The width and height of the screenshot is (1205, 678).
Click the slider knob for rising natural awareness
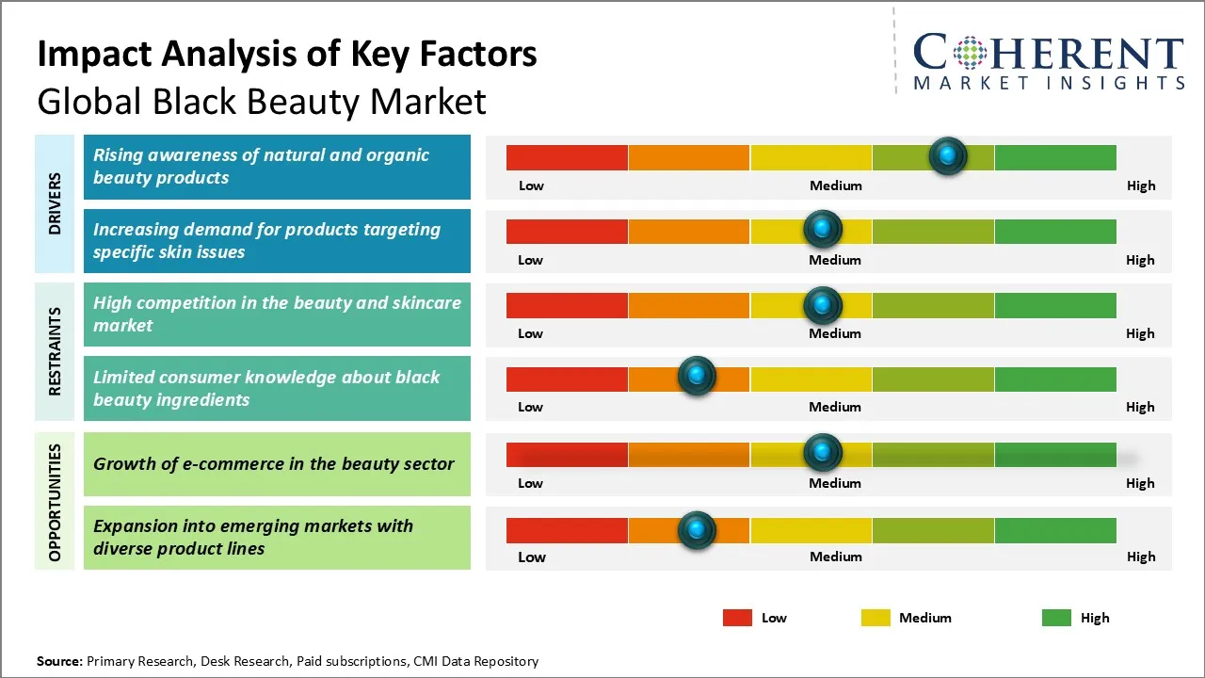948,155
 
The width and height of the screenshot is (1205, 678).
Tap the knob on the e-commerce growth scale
823,453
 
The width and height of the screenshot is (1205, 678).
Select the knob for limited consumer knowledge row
697,377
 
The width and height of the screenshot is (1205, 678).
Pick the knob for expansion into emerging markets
697,529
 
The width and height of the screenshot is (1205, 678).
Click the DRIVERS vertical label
56,203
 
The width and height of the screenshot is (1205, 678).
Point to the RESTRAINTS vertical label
56,351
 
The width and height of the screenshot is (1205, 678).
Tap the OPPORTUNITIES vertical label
56,503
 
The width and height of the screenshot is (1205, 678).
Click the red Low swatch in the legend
737,618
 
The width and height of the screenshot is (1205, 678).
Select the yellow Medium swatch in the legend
876,618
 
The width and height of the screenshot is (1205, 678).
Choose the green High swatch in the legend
1056,618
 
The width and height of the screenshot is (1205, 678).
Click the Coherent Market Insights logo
1048,62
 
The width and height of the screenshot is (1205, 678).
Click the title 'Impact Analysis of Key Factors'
287,55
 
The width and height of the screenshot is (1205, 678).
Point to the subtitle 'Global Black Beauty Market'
262,101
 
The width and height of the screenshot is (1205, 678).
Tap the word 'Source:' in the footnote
60,661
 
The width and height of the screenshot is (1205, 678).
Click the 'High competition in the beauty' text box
277,315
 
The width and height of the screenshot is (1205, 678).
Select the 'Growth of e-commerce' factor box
277,463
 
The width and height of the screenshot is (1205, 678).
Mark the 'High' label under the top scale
1141,186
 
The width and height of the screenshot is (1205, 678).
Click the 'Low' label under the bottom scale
532,557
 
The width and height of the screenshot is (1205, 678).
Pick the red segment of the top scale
567,157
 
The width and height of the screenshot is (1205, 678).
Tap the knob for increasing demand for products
823,229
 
